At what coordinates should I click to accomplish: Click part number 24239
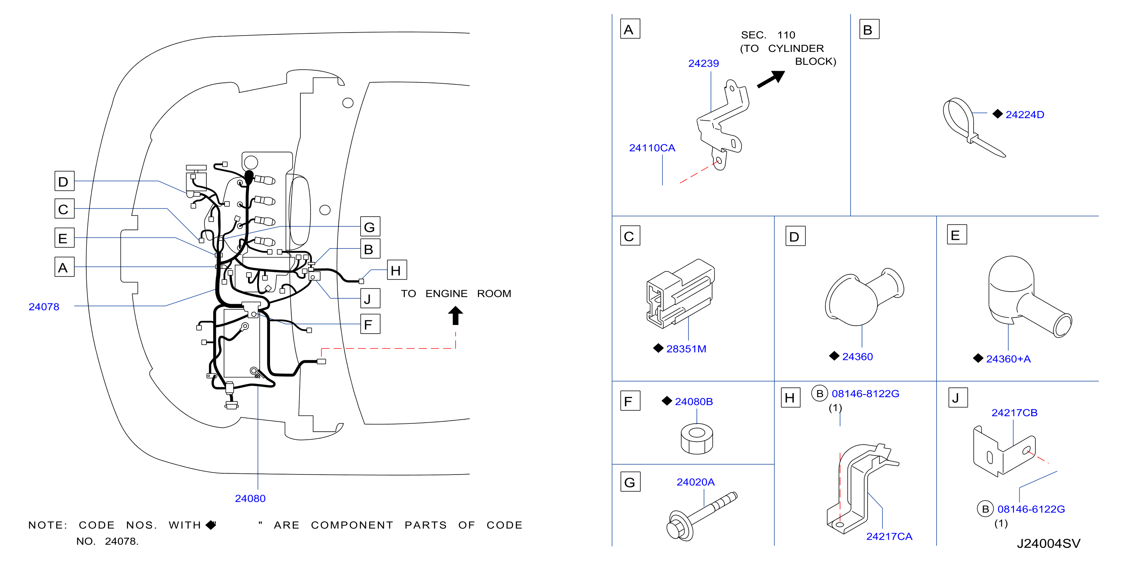(703, 63)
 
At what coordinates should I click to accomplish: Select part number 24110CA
(652, 148)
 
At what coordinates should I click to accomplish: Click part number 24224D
(1024, 115)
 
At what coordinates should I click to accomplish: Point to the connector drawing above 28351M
(680, 293)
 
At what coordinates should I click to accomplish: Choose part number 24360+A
(1008, 359)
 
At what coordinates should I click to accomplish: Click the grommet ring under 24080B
(696, 439)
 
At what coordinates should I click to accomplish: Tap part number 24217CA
(889, 536)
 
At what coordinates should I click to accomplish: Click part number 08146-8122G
(865, 393)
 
